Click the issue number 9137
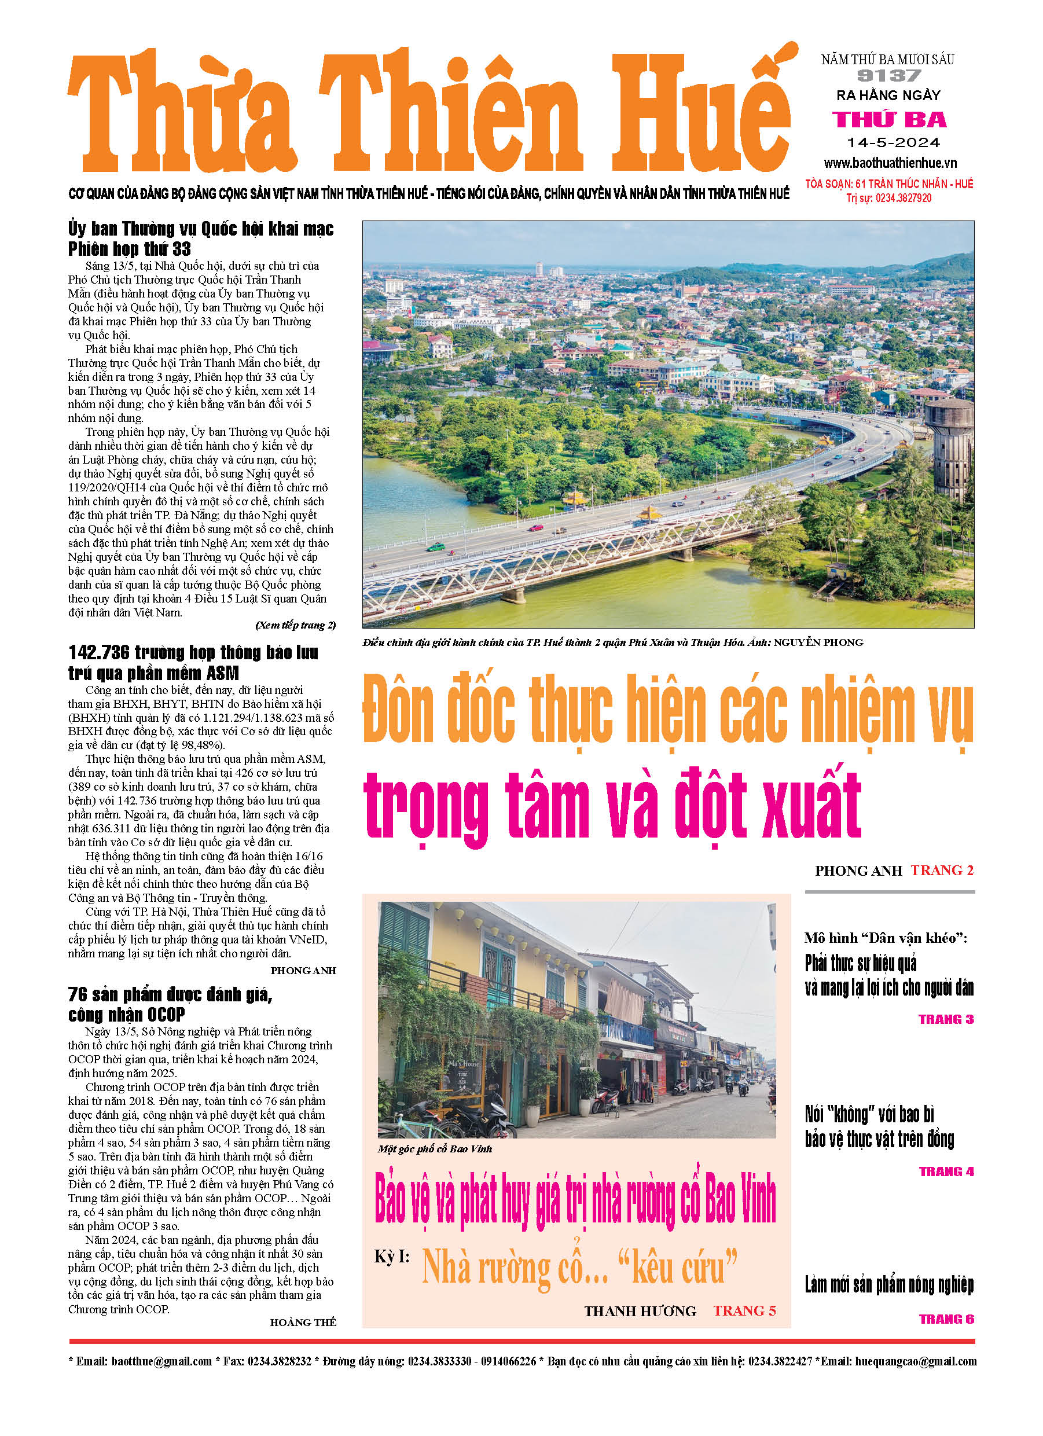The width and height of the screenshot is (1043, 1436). pyautogui.click(x=888, y=76)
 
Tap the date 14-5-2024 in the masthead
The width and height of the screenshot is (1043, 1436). pyautogui.click(x=893, y=142)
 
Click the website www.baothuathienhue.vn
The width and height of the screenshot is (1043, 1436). pyautogui.click(x=890, y=163)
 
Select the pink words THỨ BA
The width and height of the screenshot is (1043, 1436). pyautogui.click(x=889, y=119)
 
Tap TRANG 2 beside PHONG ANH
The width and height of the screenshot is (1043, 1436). pyautogui.click(x=942, y=870)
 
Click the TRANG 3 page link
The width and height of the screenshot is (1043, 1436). pyautogui.click(x=946, y=1019)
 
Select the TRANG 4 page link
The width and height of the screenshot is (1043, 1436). pyautogui.click(x=946, y=1171)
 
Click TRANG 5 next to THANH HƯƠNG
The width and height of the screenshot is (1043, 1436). pyautogui.click(x=744, y=1310)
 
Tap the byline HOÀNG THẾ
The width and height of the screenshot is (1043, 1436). pyautogui.click(x=303, y=1322)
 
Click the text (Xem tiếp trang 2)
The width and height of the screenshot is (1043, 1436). pyautogui.click(x=295, y=625)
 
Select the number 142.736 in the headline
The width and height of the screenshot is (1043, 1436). pyautogui.click(x=99, y=652)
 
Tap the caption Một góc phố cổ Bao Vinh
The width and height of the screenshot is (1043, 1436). pyautogui.click(x=435, y=1149)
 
